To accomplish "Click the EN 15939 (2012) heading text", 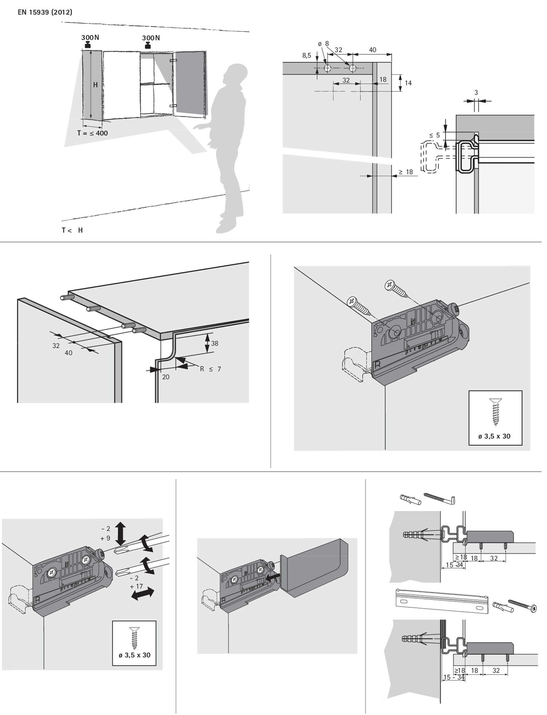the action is (45, 13).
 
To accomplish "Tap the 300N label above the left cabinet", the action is (90, 38).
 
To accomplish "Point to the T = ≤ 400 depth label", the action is (93, 133).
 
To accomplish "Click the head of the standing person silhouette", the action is (236, 75).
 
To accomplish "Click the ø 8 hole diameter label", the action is (324, 44).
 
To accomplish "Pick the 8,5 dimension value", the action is (307, 56).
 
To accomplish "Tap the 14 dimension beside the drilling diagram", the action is (408, 83).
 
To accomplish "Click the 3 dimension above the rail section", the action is (476, 93).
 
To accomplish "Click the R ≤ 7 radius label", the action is (210, 369).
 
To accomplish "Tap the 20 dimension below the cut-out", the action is (166, 377).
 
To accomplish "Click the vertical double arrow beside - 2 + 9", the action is (120, 533).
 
